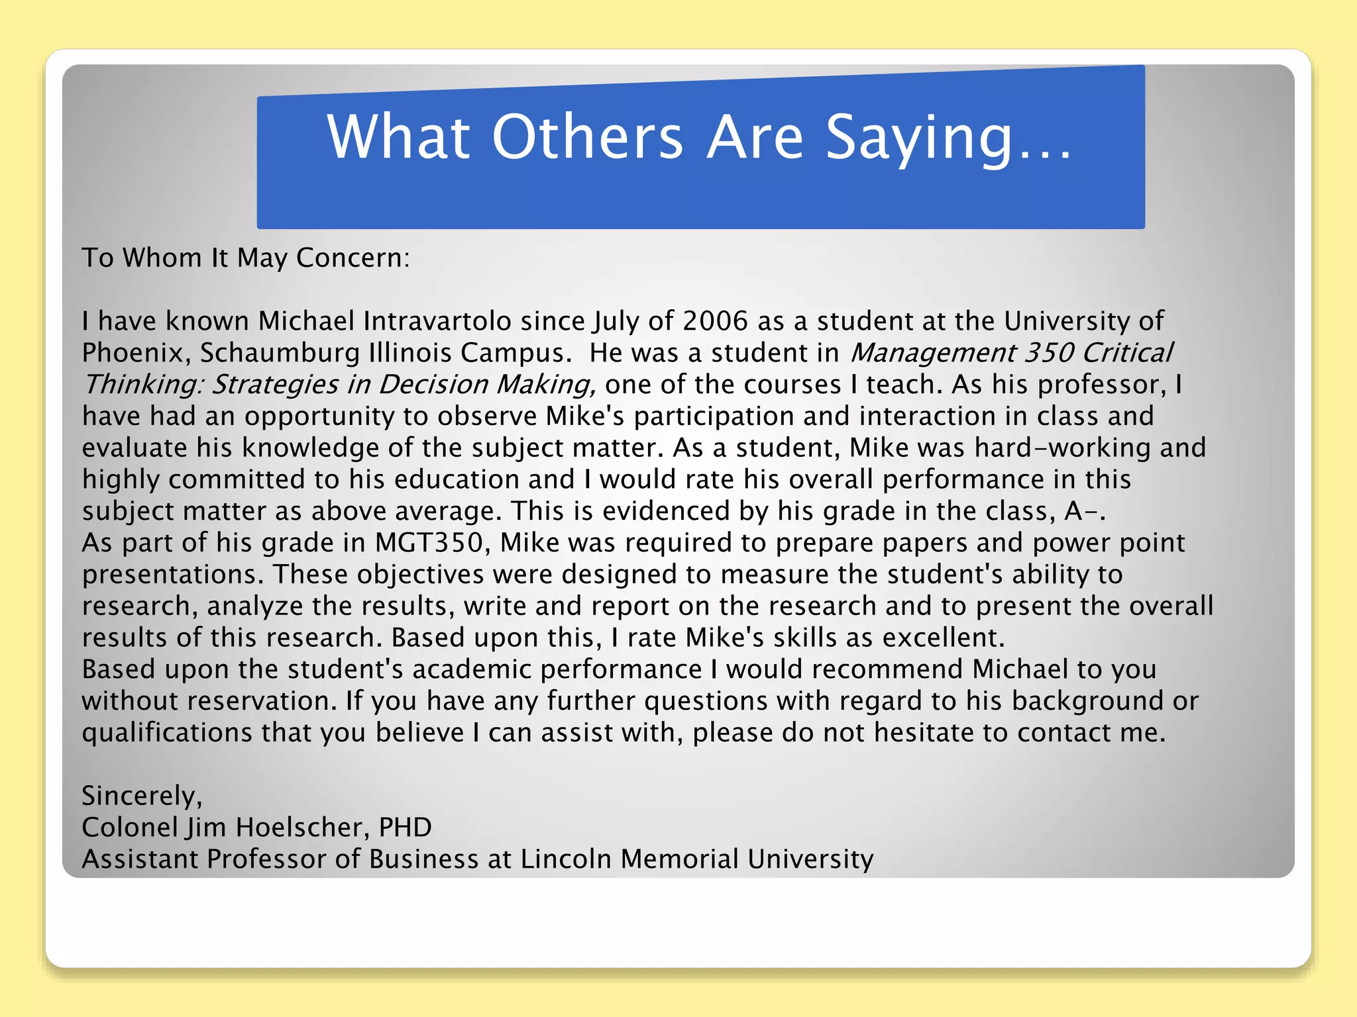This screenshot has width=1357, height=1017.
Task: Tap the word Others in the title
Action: click(x=587, y=137)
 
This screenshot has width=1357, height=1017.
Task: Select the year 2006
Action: click(x=715, y=321)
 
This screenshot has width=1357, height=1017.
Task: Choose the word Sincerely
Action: click(x=141, y=796)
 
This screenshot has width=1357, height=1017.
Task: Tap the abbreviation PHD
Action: click(x=405, y=828)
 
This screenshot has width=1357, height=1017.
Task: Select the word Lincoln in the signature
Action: click(x=565, y=859)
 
